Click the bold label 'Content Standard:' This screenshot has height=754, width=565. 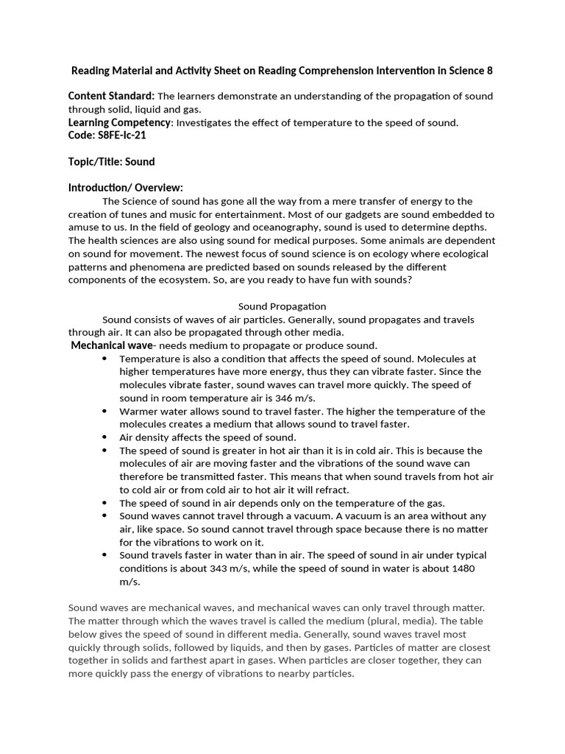coord(111,96)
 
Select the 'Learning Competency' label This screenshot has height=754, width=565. coord(119,122)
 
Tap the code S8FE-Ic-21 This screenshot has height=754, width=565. coord(102,135)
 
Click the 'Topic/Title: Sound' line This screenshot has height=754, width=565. coord(112,161)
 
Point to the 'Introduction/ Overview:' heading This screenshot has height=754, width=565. coord(125,187)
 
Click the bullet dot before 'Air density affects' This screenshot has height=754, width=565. coord(104,437)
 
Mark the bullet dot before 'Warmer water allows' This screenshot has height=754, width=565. coord(104,411)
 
